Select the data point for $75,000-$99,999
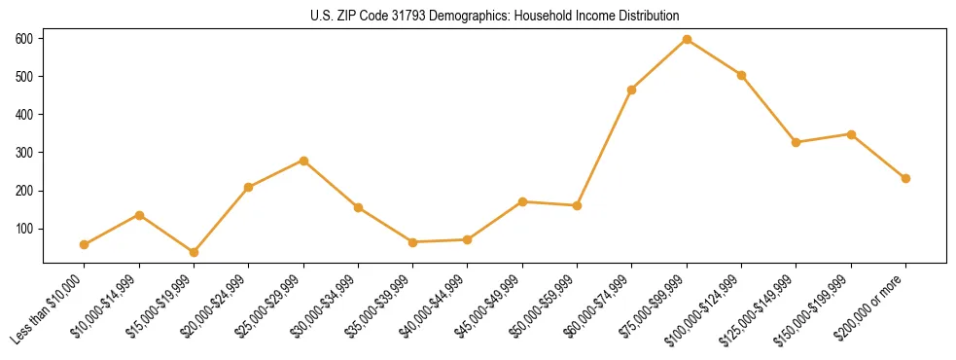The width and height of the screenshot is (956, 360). [x=687, y=39]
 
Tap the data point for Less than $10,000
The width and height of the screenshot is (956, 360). [x=85, y=244]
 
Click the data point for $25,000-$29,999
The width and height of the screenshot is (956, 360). [x=303, y=161]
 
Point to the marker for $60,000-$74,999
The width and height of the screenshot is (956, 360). [x=632, y=90]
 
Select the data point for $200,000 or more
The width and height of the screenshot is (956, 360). [x=905, y=178]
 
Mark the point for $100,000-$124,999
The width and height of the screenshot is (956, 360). [x=741, y=75]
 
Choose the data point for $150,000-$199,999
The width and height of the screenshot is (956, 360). [x=851, y=134]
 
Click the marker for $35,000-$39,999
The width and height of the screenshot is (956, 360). [x=413, y=242]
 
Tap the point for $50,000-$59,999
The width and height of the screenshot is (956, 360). [x=578, y=205]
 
